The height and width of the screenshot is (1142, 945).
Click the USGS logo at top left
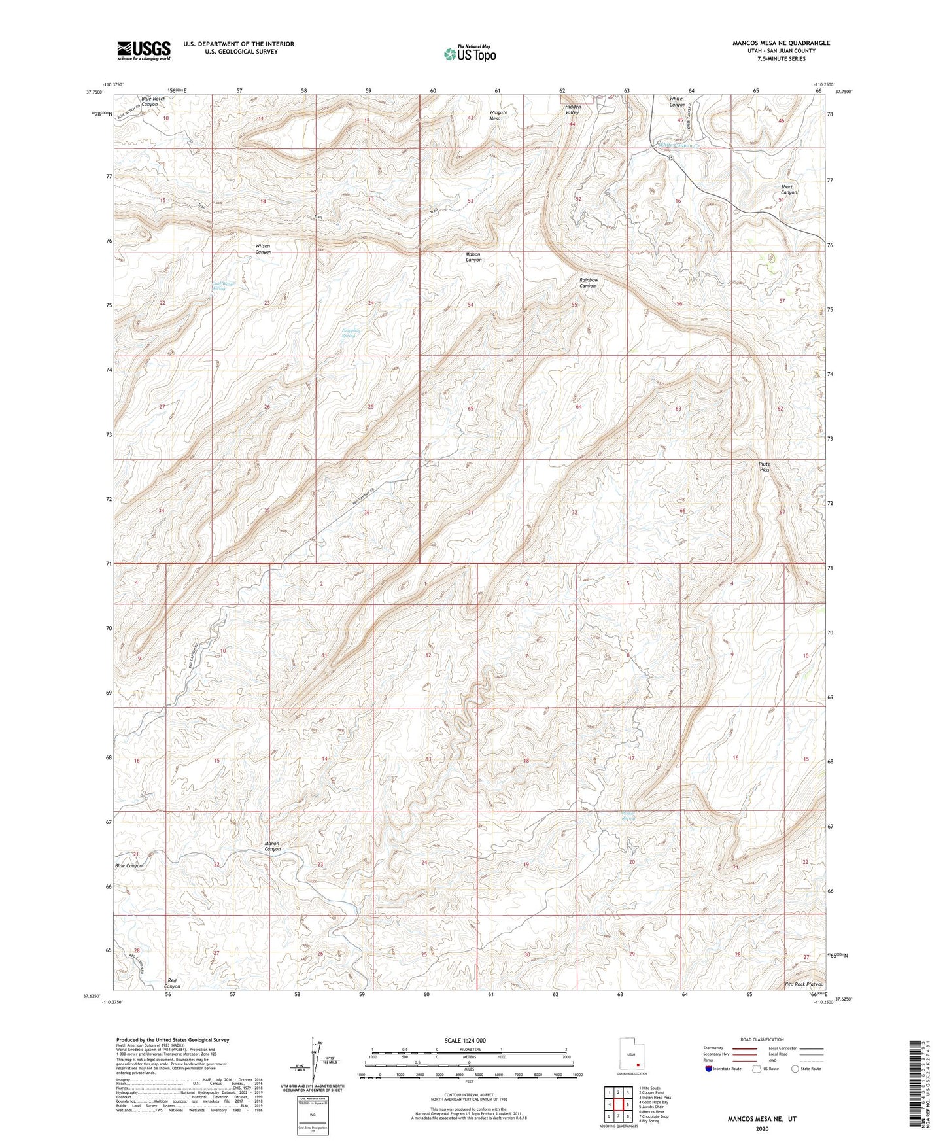coord(144,50)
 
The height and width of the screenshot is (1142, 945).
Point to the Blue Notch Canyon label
coord(153,101)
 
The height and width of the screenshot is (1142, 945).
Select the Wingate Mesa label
coord(498,115)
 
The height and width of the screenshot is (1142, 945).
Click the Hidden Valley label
coord(572,109)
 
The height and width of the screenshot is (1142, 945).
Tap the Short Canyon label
coord(789,190)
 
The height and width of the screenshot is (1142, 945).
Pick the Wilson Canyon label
coord(263,249)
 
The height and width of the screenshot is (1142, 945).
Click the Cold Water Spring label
coord(224,286)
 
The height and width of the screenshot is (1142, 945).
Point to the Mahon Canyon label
coord(473,257)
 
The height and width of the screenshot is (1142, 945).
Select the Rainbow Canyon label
coord(588,283)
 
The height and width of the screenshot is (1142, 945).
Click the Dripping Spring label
coord(351,332)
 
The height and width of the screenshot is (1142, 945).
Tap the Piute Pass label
coord(764,467)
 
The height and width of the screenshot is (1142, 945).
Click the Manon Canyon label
coord(271,846)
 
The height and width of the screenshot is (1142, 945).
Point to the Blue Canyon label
coord(129,865)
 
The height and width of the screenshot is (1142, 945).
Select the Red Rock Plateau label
coord(804,984)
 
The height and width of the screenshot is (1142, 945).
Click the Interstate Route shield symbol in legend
coord(709,1069)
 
